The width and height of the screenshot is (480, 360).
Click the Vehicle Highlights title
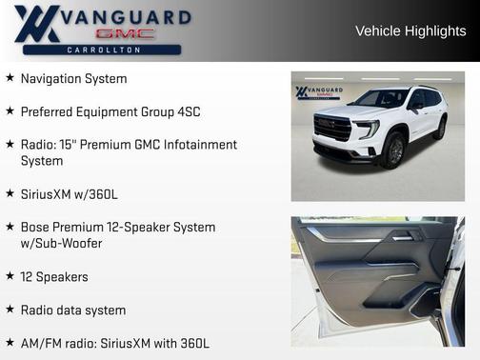[410, 30]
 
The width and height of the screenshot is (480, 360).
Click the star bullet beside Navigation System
[10, 78]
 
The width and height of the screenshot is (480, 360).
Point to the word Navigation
[51, 78]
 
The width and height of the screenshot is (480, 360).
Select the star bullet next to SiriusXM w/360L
[10, 194]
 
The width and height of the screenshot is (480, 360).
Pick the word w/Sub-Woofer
[61, 244]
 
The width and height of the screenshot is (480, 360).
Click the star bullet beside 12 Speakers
[10, 277]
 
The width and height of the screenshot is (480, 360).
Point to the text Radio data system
[72, 310]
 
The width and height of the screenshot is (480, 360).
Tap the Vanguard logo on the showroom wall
[315, 93]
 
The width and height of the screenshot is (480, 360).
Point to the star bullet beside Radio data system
[10, 310]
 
